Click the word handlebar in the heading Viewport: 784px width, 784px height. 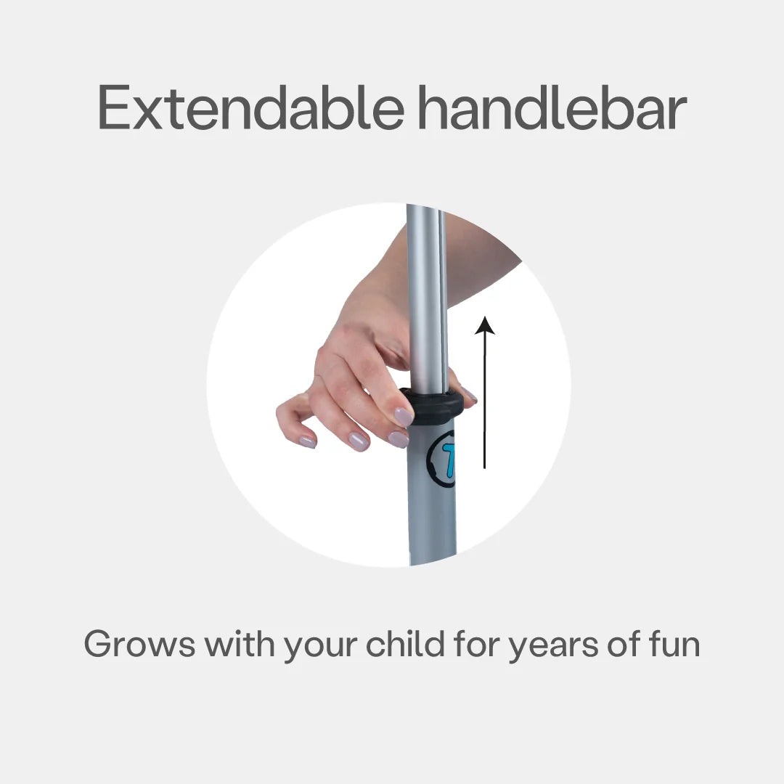pos(552,107)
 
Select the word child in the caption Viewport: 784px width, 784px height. pos(406,642)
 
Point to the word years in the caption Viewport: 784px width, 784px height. pos(553,647)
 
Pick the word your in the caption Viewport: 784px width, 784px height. pos(321,647)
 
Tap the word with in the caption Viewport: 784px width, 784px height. pos(240,642)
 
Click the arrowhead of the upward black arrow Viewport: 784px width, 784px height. pos(484,325)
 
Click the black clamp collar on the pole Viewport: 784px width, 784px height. pos(432,406)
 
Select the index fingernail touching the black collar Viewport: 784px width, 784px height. pos(404,417)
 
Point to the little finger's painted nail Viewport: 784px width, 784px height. pos(308,442)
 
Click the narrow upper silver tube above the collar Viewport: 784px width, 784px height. pos(427,300)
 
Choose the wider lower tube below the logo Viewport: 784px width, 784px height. pos(432,525)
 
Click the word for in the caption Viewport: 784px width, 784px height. pos(476,642)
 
